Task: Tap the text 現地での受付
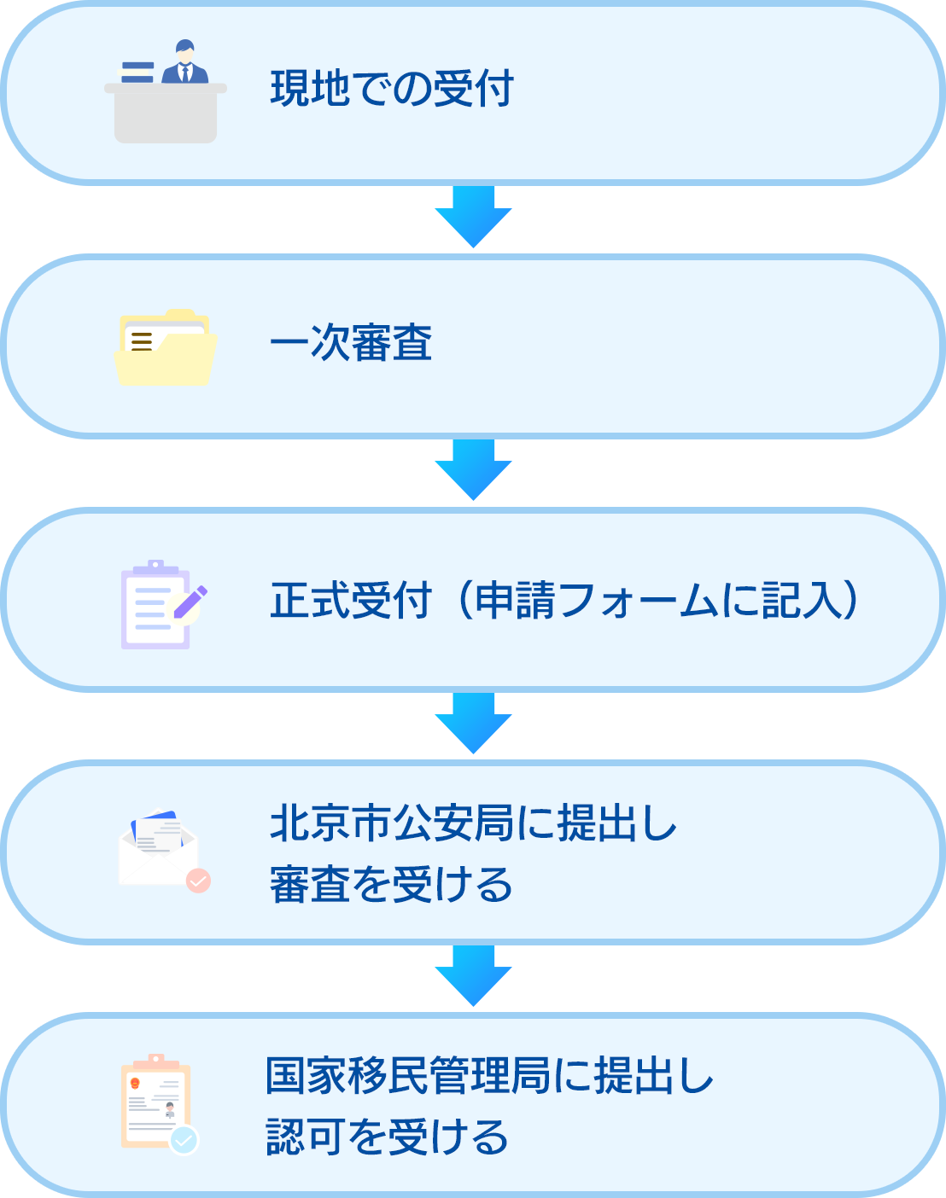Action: point(392,90)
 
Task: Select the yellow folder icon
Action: point(166,347)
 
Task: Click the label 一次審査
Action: point(351,344)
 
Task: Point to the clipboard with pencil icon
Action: point(162,604)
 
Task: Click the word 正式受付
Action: point(351,601)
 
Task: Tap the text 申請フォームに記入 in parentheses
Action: point(657,601)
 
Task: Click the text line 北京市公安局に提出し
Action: point(473,824)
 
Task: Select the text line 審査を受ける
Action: point(391,885)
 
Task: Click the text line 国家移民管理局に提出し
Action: point(489,1076)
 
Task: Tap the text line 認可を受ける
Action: point(387,1137)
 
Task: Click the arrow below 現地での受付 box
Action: point(470,218)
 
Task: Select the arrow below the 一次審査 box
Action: point(470,472)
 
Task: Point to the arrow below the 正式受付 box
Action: point(470,725)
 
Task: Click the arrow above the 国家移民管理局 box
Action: point(470,978)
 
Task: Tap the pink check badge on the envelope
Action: point(198,881)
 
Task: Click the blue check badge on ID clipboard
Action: point(184,1140)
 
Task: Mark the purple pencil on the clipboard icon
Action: point(190,602)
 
